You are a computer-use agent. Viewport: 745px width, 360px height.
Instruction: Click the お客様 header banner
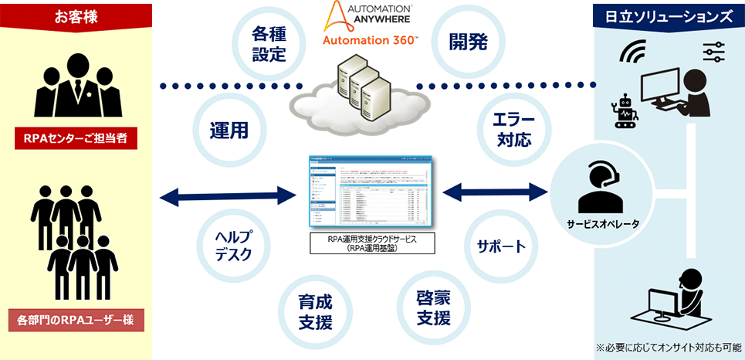76,15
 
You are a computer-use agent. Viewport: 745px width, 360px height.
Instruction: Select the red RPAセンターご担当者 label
76,139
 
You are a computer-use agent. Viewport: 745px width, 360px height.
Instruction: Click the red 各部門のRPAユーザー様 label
76,318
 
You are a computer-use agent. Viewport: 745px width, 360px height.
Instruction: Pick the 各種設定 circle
269,44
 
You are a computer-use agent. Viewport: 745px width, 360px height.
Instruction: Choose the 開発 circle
469,42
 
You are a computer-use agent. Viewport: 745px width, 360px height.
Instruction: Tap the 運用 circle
229,131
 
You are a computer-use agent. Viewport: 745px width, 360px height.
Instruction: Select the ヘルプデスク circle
233,246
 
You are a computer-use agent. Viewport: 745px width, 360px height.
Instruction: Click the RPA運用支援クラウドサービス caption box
371,244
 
